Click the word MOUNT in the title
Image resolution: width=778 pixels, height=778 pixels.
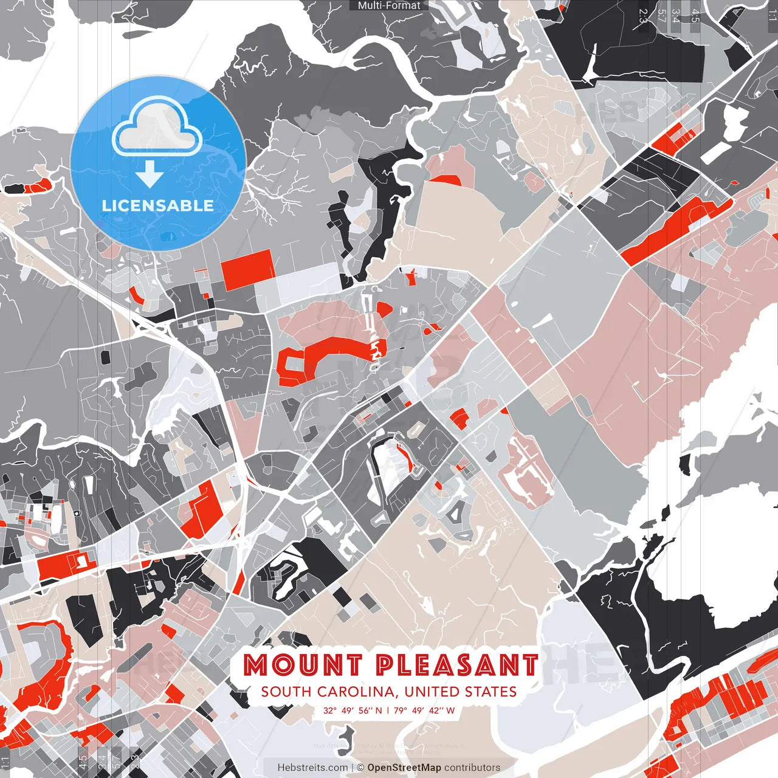(x=303, y=665)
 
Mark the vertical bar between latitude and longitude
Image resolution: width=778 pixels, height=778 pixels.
(x=388, y=710)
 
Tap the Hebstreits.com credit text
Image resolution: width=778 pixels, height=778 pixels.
(x=312, y=768)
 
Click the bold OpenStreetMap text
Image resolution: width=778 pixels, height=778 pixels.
(x=404, y=768)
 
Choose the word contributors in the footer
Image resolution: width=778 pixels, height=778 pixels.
(x=472, y=768)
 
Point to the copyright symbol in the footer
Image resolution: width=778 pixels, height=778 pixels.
(x=360, y=768)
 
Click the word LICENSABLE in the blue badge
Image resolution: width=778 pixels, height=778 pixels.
(x=158, y=205)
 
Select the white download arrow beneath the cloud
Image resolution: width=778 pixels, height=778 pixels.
(x=150, y=175)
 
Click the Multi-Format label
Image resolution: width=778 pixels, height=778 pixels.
(x=389, y=5)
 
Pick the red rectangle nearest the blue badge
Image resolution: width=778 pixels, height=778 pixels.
(x=247, y=269)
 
